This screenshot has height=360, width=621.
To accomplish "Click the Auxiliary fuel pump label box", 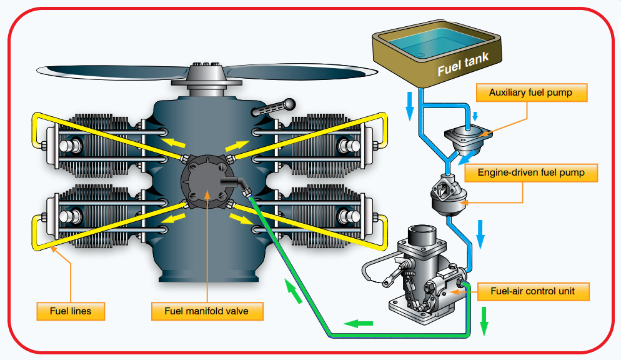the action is (532, 92).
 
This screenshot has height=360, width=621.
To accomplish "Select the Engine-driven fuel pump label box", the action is (531, 172).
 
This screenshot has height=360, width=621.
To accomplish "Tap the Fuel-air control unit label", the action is (533, 291).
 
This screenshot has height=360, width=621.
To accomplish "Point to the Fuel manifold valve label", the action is (207, 311).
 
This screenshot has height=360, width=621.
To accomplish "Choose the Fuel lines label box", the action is (71, 311).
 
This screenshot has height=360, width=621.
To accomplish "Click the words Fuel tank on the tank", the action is (462, 64).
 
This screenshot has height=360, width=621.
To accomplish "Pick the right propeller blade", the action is (301, 72).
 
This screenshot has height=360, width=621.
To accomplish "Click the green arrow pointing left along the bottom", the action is (359, 324).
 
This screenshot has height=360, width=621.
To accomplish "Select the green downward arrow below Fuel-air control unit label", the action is (484, 321).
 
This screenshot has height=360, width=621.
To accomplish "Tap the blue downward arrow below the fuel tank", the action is (410, 106).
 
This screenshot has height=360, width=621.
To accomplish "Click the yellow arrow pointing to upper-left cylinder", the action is (174, 142).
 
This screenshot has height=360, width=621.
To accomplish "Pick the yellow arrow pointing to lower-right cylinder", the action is (241, 219).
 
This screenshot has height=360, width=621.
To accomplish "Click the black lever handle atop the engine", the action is (274, 107).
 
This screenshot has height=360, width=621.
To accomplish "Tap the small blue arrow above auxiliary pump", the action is (475, 116).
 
